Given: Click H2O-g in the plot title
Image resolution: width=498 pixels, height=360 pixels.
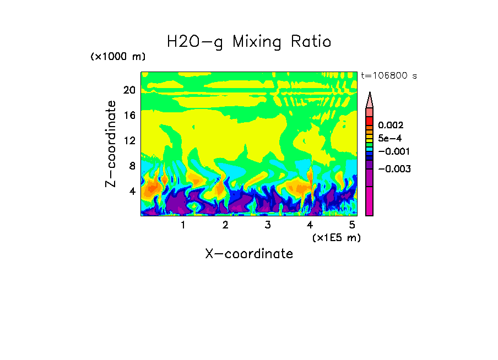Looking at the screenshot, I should point(196,42).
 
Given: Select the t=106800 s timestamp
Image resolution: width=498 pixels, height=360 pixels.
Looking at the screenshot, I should point(388,75).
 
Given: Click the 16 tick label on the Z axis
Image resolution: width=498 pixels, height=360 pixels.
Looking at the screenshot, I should point(129,115).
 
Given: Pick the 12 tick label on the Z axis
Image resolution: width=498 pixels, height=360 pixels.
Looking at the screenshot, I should point(129,140).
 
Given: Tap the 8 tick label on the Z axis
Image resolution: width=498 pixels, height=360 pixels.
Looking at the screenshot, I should point(131,166).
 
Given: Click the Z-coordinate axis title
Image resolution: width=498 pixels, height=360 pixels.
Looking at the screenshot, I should point(111,144).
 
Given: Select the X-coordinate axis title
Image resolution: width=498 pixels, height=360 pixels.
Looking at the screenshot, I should point(249,254).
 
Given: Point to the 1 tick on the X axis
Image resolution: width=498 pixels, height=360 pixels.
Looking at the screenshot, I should point(183,225).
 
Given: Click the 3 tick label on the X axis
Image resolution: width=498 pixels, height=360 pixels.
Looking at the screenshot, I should point(267,225).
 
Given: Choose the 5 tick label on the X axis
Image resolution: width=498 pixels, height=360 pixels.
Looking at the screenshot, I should point(351,225).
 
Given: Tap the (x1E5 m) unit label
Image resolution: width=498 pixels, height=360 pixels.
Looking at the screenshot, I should point(336,237).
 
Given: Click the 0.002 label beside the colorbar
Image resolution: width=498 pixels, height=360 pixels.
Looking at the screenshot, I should point(391,126).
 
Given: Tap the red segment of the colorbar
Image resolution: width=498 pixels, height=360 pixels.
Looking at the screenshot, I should point(370,121).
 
